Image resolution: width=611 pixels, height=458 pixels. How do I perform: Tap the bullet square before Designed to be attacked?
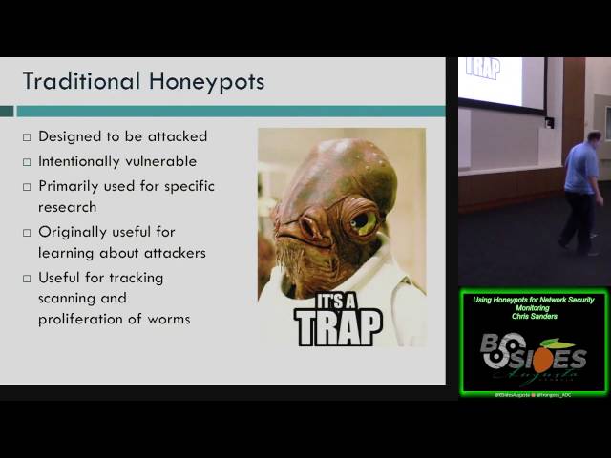pos(27,137)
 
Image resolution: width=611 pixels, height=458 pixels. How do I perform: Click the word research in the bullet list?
pos(67,206)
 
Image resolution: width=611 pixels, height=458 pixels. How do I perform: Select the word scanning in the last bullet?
pos(69,298)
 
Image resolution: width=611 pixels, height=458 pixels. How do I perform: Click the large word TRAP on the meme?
pos(338,327)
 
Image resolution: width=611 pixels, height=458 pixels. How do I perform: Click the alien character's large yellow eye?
pos(364,221)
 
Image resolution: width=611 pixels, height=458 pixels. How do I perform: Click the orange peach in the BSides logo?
pos(539,359)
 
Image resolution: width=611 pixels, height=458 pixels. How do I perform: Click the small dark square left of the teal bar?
pos(7,111)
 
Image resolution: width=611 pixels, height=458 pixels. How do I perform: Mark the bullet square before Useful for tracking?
pos(27,279)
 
